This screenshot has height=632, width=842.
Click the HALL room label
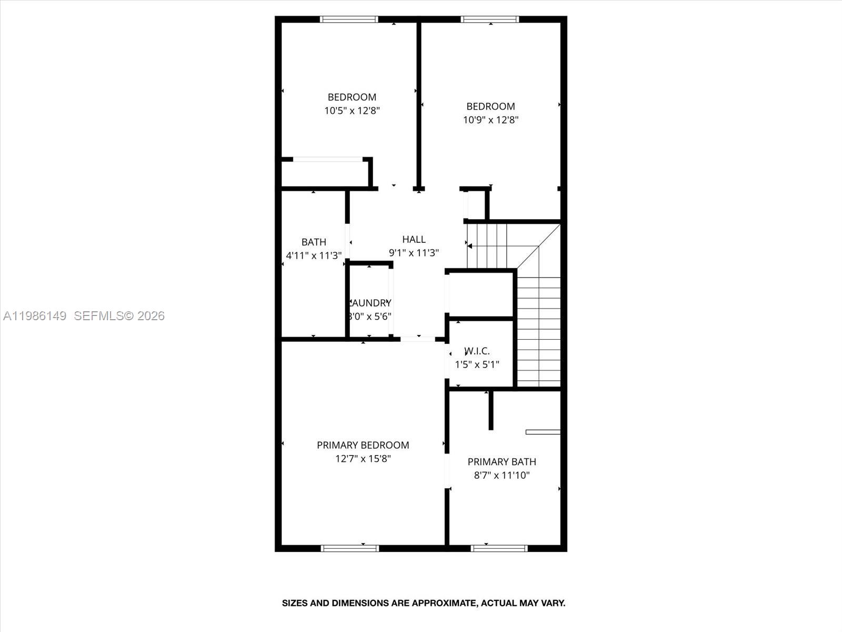click(x=414, y=240)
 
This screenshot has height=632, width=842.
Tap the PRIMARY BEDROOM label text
click(x=363, y=445)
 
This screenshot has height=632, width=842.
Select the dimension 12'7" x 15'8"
click(x=363, y=459)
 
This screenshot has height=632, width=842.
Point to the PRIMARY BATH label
click(x=502, y=462)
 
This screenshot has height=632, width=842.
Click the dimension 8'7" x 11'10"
click(x=502, y=476)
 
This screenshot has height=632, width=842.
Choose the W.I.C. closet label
click(x=477, y=351)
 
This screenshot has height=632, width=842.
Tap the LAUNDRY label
click(x=369, y=303)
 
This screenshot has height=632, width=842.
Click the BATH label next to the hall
click(x=314, y=242)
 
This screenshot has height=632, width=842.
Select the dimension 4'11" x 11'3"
click(x=314, y=256)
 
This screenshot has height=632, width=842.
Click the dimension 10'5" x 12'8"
click(x=352, y=111)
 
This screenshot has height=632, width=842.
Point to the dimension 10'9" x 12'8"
click(x=490, y=120)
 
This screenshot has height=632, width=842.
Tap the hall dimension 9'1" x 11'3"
click(x=414, y=253)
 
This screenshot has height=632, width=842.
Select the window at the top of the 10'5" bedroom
click(x=349, y=20)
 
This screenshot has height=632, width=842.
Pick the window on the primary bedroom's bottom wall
click(x=349, y=548)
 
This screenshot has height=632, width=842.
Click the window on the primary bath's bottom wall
click(x=499, y=548)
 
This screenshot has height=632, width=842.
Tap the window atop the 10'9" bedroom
click(x=489, y=20)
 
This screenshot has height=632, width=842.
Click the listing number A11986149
click(x=35, y=316)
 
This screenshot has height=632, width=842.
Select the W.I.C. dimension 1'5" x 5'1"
click(x=477, y=364)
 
